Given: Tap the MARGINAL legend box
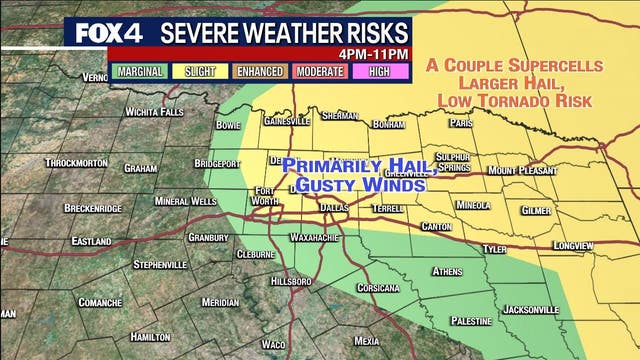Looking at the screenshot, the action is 141,71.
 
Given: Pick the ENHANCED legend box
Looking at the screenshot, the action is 260,71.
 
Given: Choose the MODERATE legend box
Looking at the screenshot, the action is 321,71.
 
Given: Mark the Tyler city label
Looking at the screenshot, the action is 494,248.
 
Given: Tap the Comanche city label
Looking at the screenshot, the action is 100,301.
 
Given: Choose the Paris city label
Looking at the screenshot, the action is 460,123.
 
